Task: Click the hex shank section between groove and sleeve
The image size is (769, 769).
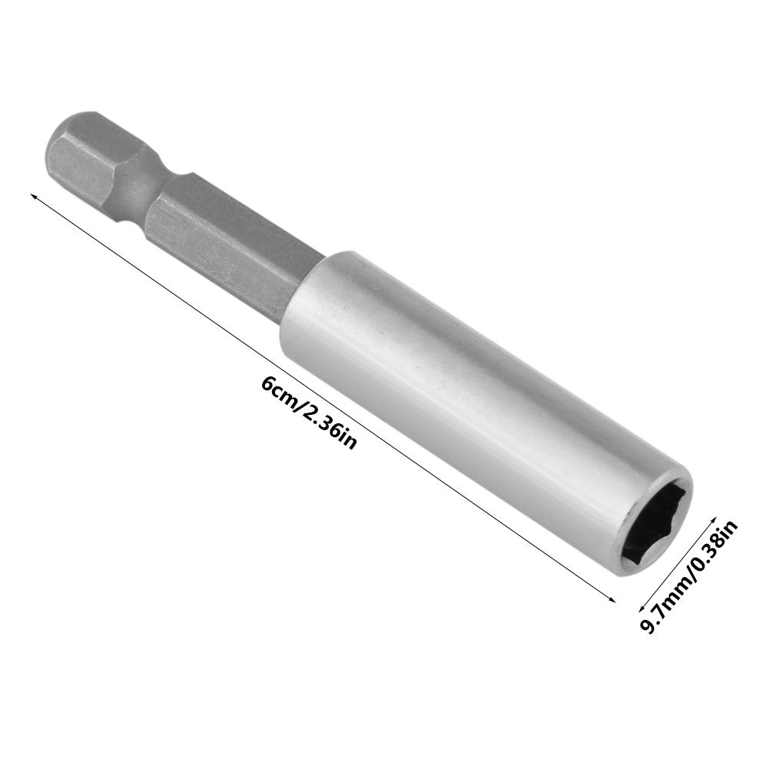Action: [x=230, y=238]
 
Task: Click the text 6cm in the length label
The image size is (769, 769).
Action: [x=277, y=390]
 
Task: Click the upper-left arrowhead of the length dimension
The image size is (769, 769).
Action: [x=32, y=198]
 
